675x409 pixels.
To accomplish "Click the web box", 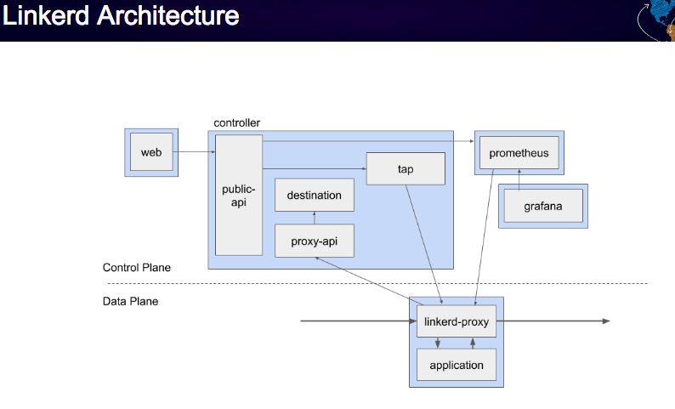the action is (x=151, y=152).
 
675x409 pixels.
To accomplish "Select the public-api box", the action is (x=239, y=195).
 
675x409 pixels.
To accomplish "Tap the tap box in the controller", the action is (x=406, y=168).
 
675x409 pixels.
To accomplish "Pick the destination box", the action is (x=315, y=195).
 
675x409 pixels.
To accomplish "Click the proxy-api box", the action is (x=315, y=241).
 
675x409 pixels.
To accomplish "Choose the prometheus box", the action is (x=519, y=153).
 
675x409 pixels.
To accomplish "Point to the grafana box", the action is (x=543, y=207).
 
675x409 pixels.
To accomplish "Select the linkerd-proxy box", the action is (x=457, y=321).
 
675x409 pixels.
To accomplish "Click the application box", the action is (x=457, y=365).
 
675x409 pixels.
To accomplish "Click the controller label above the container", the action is (x=237, y=123).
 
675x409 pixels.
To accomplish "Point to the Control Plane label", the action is (x=137, y=267).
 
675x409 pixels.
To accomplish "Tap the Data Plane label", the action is (x=130, y=301).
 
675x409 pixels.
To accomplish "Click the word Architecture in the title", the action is (x=167, y=16).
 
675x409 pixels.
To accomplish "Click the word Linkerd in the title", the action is (x=46, y=16).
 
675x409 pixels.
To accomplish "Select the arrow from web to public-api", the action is (x=194, y=151).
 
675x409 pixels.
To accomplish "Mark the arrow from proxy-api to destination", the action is (x=315, y=218).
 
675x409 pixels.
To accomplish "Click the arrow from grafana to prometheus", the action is (x=519, y=179).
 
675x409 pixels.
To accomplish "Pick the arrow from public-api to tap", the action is (x=315, y=168).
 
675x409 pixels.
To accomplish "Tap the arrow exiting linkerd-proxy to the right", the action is (x=553, y=321).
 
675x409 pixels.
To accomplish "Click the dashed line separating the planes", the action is (x=377, y=284).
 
